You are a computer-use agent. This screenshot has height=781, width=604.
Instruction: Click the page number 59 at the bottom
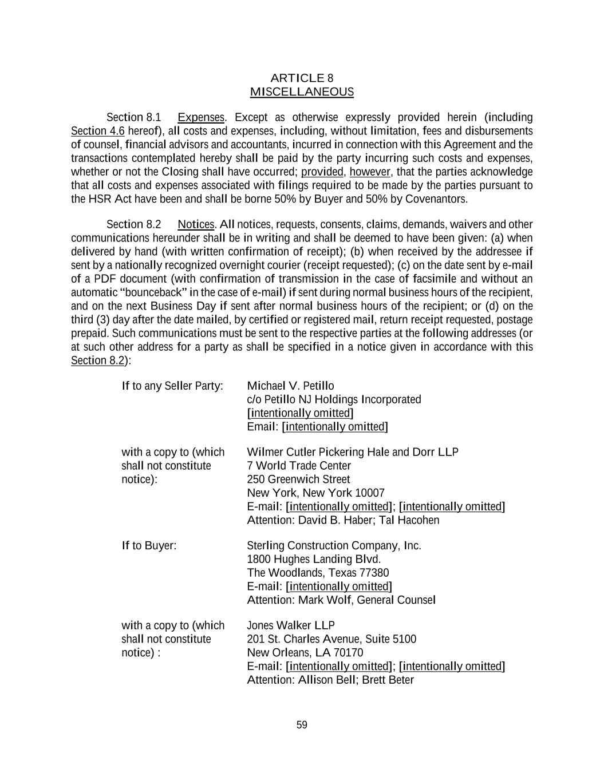pyautogui.click(x=302, y=725)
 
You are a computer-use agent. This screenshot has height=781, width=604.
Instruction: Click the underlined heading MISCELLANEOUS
pyautogui.click(x=302, y=92)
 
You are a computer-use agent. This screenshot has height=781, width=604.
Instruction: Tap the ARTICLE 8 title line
pyautogui.click(x=302, y=78)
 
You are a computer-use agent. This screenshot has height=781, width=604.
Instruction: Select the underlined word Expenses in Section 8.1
pyautogui.click(x=200, y=118)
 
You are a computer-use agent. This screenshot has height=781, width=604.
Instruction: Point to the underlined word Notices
pyautogui.click(x=196, y=224)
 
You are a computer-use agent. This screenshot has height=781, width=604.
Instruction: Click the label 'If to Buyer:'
pyautogui.click(x=149, y=545)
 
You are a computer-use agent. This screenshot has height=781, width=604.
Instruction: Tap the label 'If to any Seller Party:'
pyautogui.click(x=172, y=386)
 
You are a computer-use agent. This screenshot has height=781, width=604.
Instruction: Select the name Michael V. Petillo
pyautogui.click(x=290, y=386)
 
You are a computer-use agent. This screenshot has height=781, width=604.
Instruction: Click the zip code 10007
pyautogui.click(x=370, y=493)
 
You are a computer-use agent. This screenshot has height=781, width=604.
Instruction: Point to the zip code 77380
pyautogui.click(x=373, y=573)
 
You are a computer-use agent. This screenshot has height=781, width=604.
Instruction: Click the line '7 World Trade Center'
pyautogui.click(x=298, y=466)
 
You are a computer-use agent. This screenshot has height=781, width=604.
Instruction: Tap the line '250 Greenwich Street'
pyautogui.click(x=298, y=479)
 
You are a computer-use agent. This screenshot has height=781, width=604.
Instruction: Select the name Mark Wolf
pyautogui.click(x=325, y=600)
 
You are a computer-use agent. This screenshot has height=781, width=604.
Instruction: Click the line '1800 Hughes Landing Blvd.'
pyautogui.click(x=314, y=559)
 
